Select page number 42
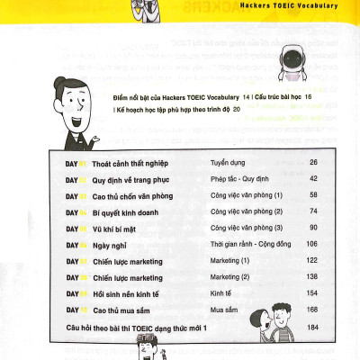(312, 178)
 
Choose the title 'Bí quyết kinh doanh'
(130, 211)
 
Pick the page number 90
(312, 227)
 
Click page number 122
(311, 260)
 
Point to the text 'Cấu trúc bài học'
(279, 95)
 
